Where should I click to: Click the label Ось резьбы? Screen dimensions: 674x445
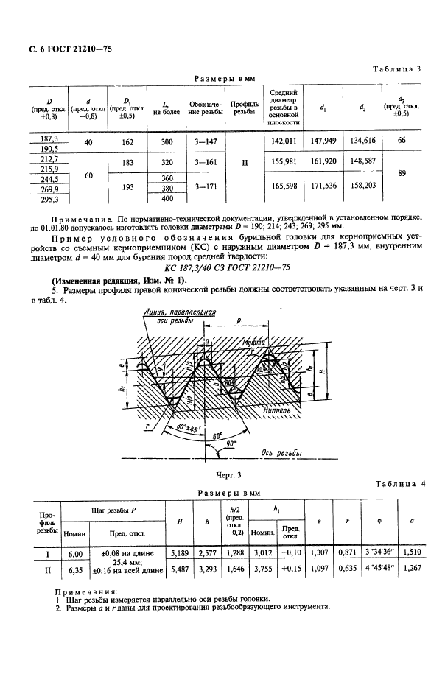[284, 452]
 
